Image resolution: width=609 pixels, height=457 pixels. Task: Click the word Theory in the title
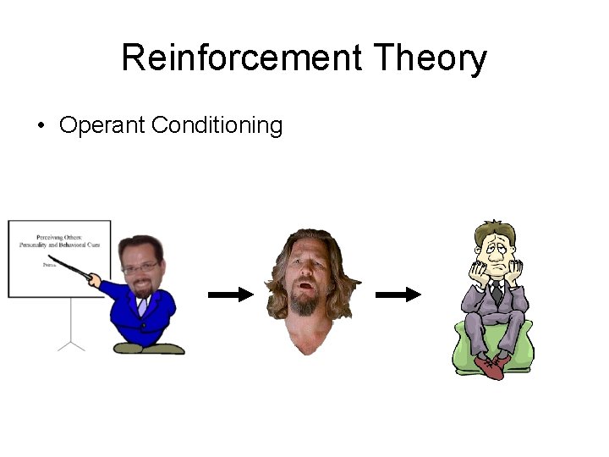431,58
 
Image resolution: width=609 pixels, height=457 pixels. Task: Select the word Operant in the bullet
102,126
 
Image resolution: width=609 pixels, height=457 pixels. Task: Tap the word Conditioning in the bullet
217,126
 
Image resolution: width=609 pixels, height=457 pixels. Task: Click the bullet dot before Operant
41,127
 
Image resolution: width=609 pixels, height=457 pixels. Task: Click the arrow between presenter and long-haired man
230,295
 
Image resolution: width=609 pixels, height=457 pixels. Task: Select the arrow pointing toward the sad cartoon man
398,295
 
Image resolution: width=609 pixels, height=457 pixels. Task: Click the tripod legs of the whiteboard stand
71,343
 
